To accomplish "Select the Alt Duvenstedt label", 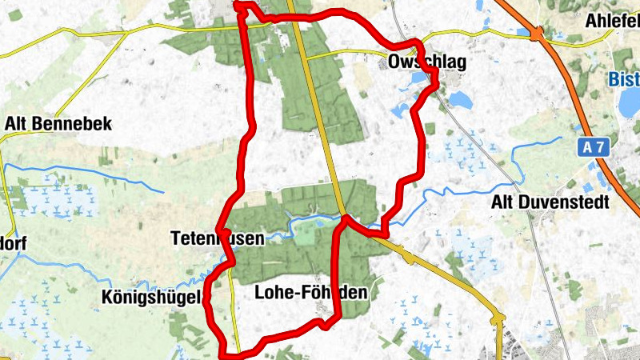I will (x=550, y=202).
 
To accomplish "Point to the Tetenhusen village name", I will (x=204, y=238).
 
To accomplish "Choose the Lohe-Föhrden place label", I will (x=310, y=293).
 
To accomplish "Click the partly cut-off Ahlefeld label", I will (x=612, y=20).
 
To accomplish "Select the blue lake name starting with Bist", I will (x=623, y=80).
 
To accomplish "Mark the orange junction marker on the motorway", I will (x=536, y=34).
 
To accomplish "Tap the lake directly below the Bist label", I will (x=630, y=102).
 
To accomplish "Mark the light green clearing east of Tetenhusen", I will (x=305, y=232).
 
